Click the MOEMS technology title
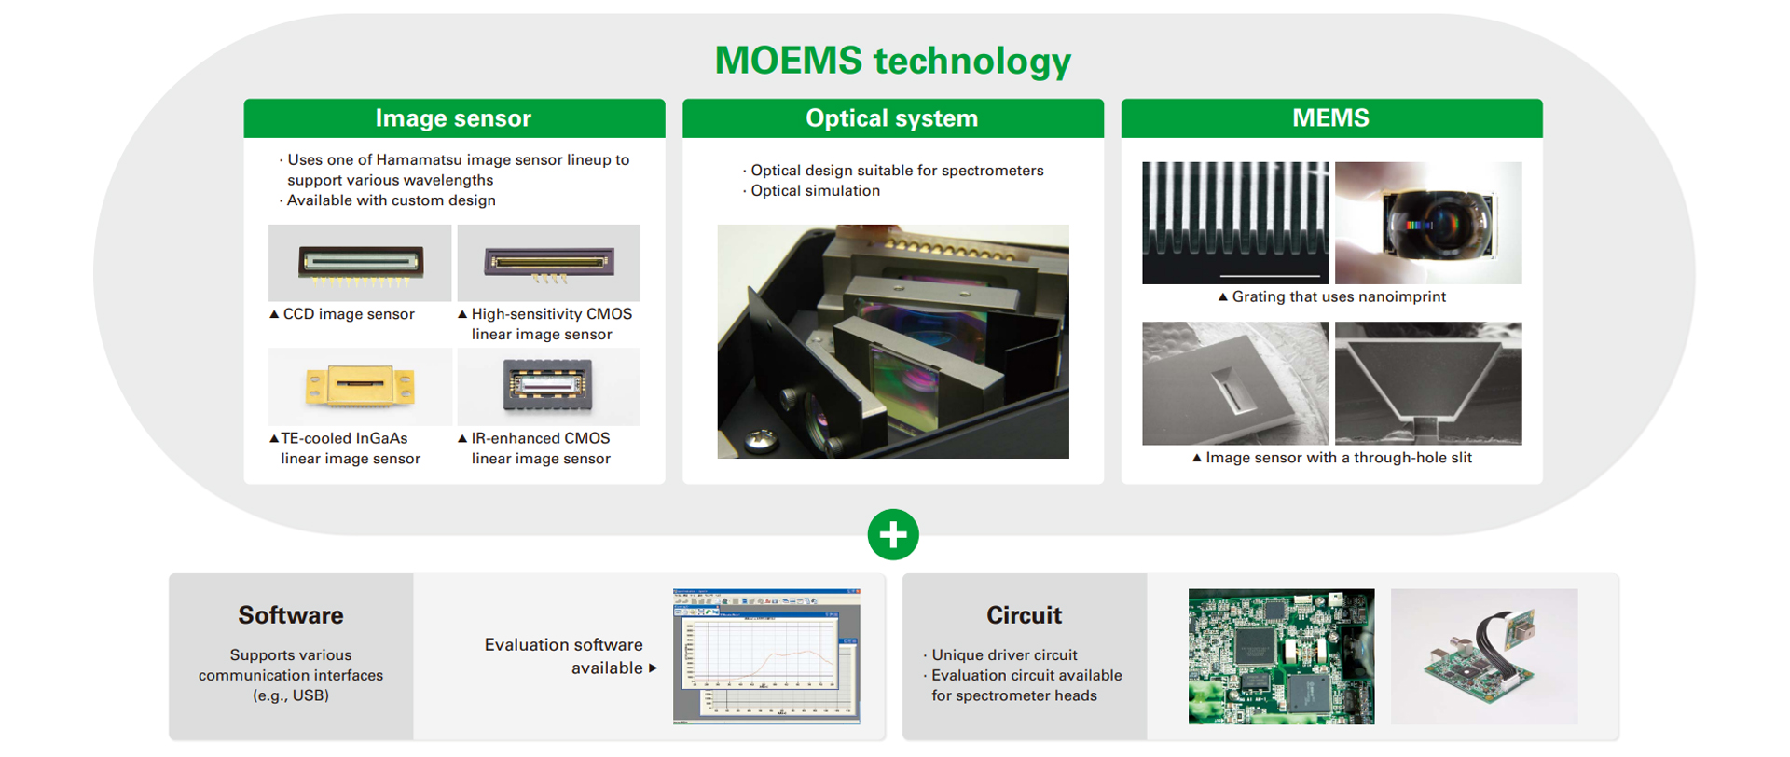tap(892, 62)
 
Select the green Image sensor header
tap(454, 118)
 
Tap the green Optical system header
tap(892, 118)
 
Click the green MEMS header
tap(1330, 118)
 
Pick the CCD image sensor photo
tap(360, 263)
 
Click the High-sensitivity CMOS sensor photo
tap(548, 263)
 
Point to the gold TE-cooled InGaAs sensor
tap(360, 386)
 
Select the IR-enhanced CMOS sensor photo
tap(548, 386)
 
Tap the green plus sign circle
tap(893, 534)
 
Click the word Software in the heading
tap(291, 615)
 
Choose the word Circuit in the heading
tap(1024, 615)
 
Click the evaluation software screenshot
tap(766, 656)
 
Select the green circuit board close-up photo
tap(1281, 656)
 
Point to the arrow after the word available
tap(653, 668)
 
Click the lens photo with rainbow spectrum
tap(1428, 223)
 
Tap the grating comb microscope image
tap(1235, 223)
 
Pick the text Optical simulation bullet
tap(815, 191)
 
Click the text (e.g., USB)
tap(291, 695)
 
